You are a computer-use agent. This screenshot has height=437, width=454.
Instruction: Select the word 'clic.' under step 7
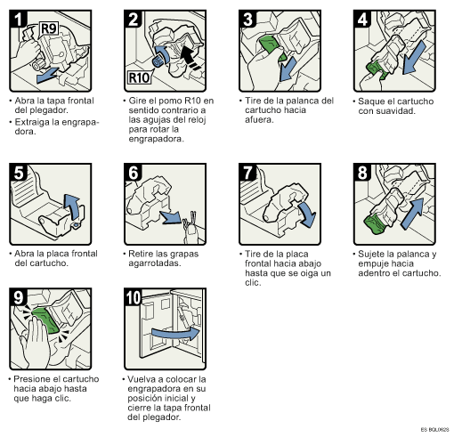[253, 283]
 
